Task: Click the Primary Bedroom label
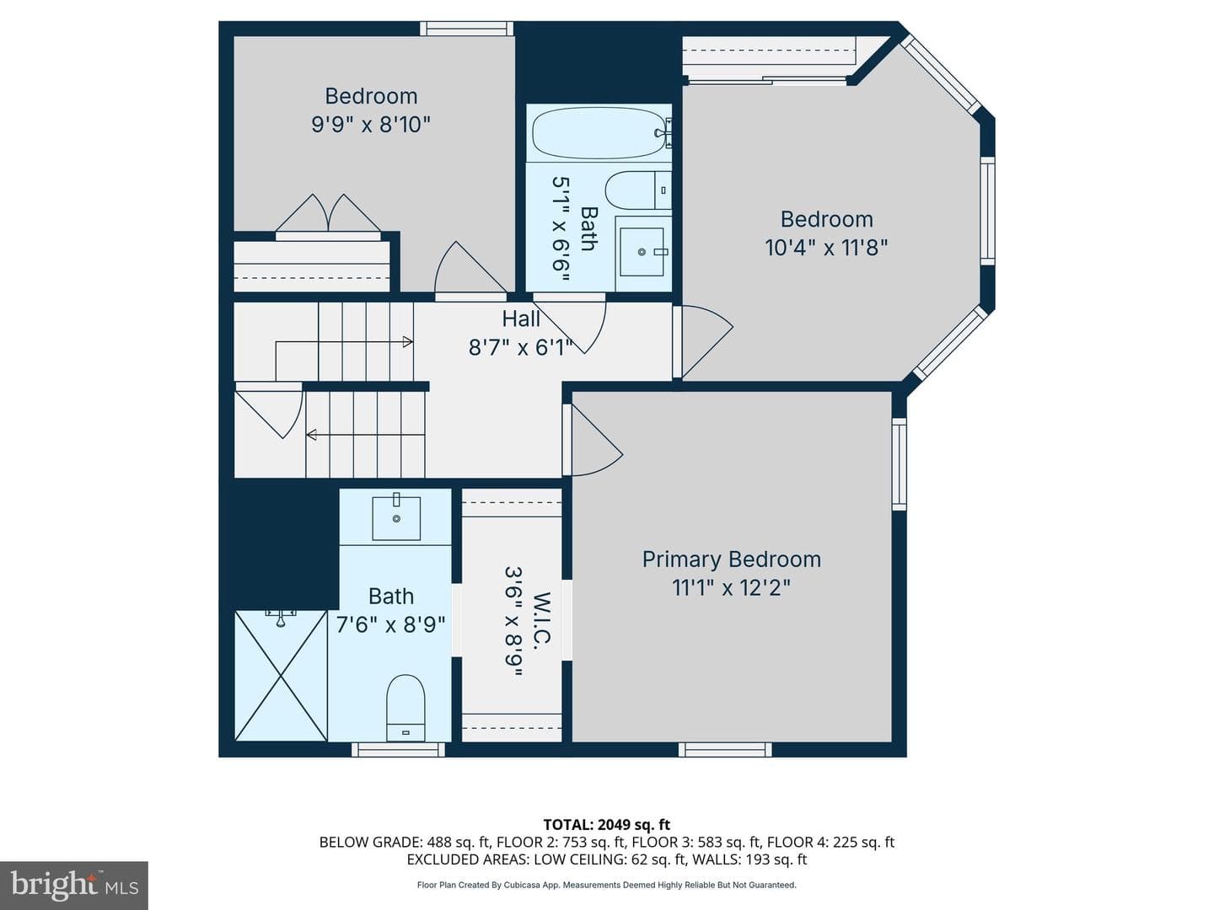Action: pos(731,559)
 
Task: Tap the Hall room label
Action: pos(521,318)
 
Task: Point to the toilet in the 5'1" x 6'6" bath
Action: pos(638,190)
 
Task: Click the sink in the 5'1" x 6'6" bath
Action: pos(642,252)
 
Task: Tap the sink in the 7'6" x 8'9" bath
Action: pos(396,516)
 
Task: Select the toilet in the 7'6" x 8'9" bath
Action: pos(406,707)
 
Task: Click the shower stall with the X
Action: pos(281,675)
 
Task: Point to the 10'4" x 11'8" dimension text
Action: pos(825,248)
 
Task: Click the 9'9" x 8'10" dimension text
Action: pos(371,125)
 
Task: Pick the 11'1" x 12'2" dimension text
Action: pos(731,587)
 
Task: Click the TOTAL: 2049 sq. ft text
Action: pos(607,825)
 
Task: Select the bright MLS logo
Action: pos(74,885)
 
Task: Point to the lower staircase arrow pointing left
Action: pos(365,435)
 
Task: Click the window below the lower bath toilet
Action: pos(398,750)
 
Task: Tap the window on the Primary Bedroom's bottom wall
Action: pos(725,750)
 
